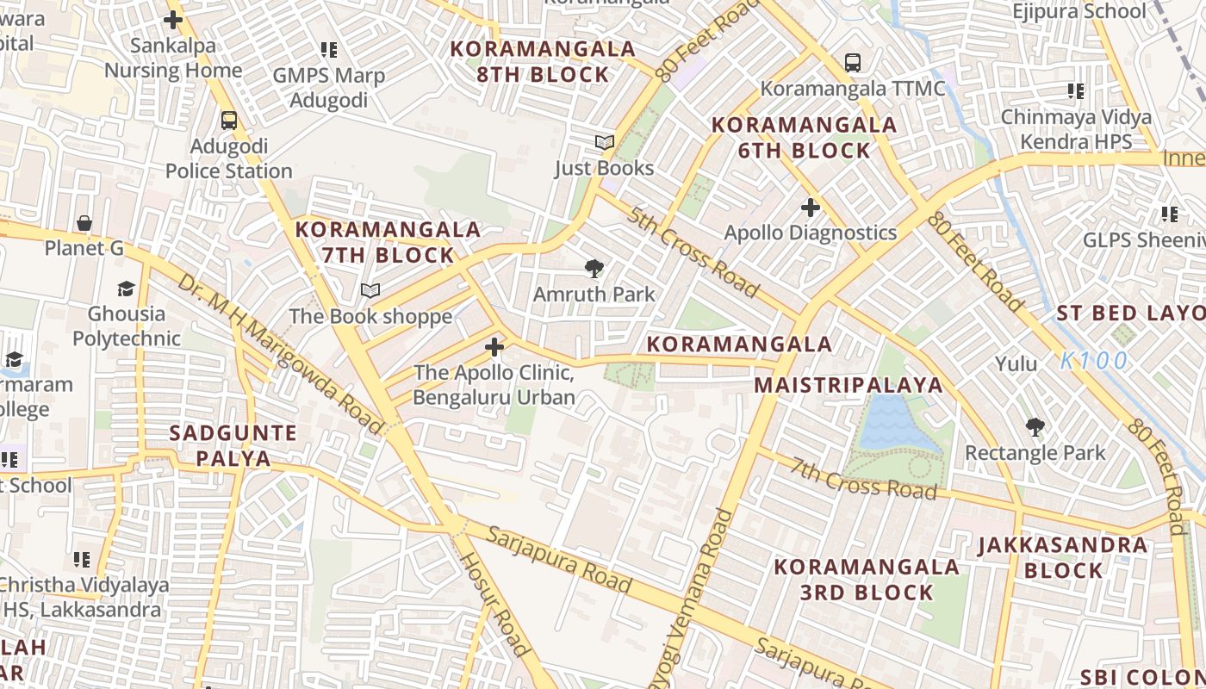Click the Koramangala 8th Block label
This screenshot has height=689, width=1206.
[543, 62]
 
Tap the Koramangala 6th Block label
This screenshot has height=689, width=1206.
[805, 138]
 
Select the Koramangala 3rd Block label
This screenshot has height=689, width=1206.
[867, 580]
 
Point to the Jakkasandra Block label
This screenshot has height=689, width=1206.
[1063, 558]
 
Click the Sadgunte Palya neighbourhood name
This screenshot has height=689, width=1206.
[233, 445]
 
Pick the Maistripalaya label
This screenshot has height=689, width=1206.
[849, 385]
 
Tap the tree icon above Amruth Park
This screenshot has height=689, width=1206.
[594, 269]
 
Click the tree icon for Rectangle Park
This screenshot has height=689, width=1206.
[1035, 426]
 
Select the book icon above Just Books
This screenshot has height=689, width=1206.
[605, 143]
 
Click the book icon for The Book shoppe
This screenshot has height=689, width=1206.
[370, 291]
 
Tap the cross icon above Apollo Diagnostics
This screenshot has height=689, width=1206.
[810, 208]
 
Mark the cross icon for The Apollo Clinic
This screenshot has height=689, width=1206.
[494, 347]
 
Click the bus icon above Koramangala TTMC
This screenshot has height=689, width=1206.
[852, 63]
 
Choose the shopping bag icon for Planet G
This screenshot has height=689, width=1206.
[84, 224]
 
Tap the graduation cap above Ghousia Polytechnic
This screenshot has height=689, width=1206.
[127, 289]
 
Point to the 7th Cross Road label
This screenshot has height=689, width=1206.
[863, 480]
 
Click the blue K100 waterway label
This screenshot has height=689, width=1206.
[1093, 361]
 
